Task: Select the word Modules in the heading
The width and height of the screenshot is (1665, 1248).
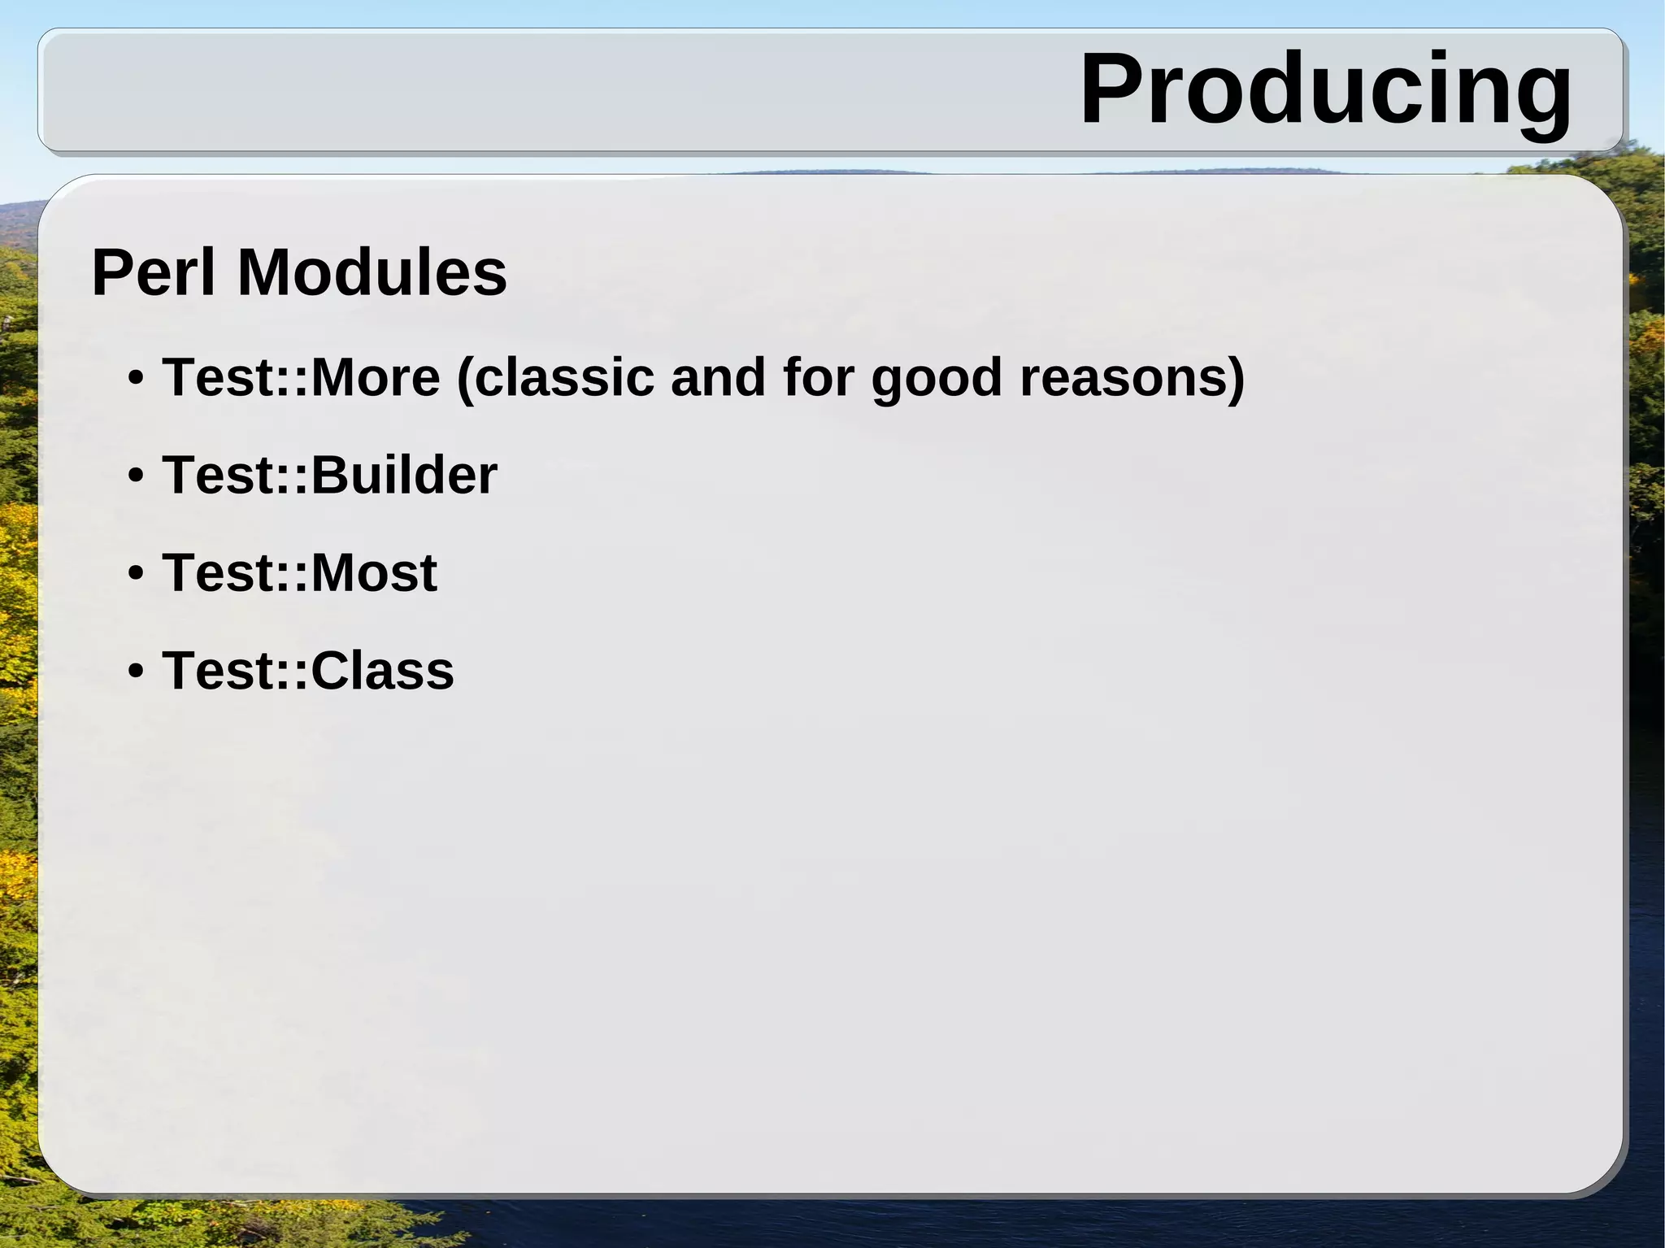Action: pyautogui.click(x=372, y=272)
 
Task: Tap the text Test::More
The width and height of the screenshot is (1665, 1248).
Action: pyautogui.click(x=301, y=377)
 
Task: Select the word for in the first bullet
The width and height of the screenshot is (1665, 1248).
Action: pyautogui.click(x=817, y=377)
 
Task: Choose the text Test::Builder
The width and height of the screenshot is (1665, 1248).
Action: pyautogui.click(x=329, y=475)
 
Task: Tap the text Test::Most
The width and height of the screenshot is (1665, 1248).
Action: pyautogui.click(x=299, y=572)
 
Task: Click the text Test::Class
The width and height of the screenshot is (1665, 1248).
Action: pyautogui.click(x=307, y=671)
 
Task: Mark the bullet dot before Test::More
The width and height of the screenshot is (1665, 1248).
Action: pyautogui.click(x=136, y=379)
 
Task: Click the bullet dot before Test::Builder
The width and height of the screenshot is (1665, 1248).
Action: pyautogui.click(x=136, y=476)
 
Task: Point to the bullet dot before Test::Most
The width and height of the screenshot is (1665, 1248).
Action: pyautogui.click(x=136, y=574)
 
